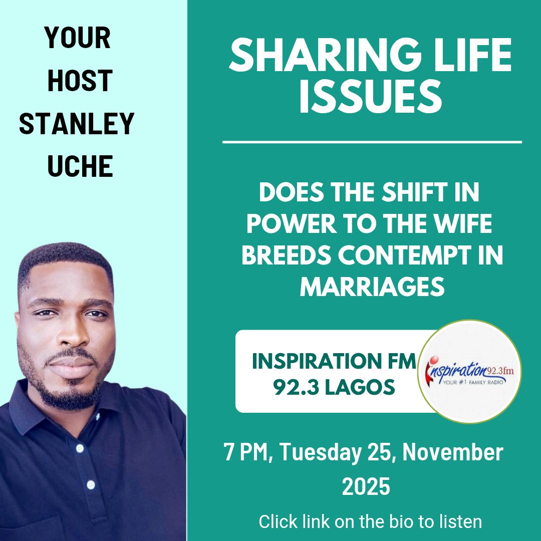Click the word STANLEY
click(77, 124)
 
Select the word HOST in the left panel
click(79, 80)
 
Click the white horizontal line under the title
click(372, 142)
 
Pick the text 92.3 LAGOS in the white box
click(334, 386)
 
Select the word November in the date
click(453, 453)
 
